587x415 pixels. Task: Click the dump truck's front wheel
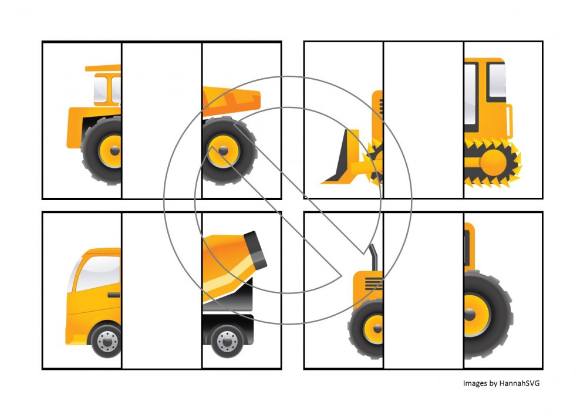click(x=102, y=150)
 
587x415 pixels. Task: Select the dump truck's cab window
click(x=107, y=89)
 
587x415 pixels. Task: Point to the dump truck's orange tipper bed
click(x=230, y=100)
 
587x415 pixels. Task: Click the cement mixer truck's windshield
click(x=98, y=273)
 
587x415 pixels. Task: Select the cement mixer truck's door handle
click(x=114, y=295)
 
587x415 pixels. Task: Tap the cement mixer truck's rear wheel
click(x=227, y=341)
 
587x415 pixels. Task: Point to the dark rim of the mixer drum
click(x=255, y=250)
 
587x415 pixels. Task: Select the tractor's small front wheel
click(x=366, y=329)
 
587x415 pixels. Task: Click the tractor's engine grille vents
click(x=374, y=284)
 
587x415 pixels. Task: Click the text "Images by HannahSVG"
click(x=501, y=383)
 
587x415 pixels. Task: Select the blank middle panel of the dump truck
click(x=162, y=120)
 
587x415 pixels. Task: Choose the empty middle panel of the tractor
click(x=423, y=291)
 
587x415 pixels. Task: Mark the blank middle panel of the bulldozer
click(x=423, y=120)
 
